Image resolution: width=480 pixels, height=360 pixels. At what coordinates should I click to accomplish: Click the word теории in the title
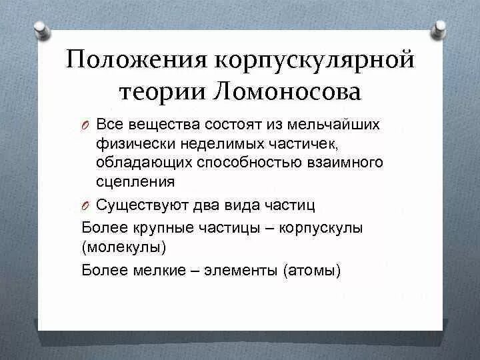[160, 93]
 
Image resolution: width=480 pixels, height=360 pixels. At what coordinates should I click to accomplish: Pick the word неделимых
[204, 143]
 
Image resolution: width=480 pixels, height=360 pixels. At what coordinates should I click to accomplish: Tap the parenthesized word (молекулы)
[124, 248]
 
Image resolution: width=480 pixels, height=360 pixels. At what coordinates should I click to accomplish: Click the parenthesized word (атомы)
[311, 270]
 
